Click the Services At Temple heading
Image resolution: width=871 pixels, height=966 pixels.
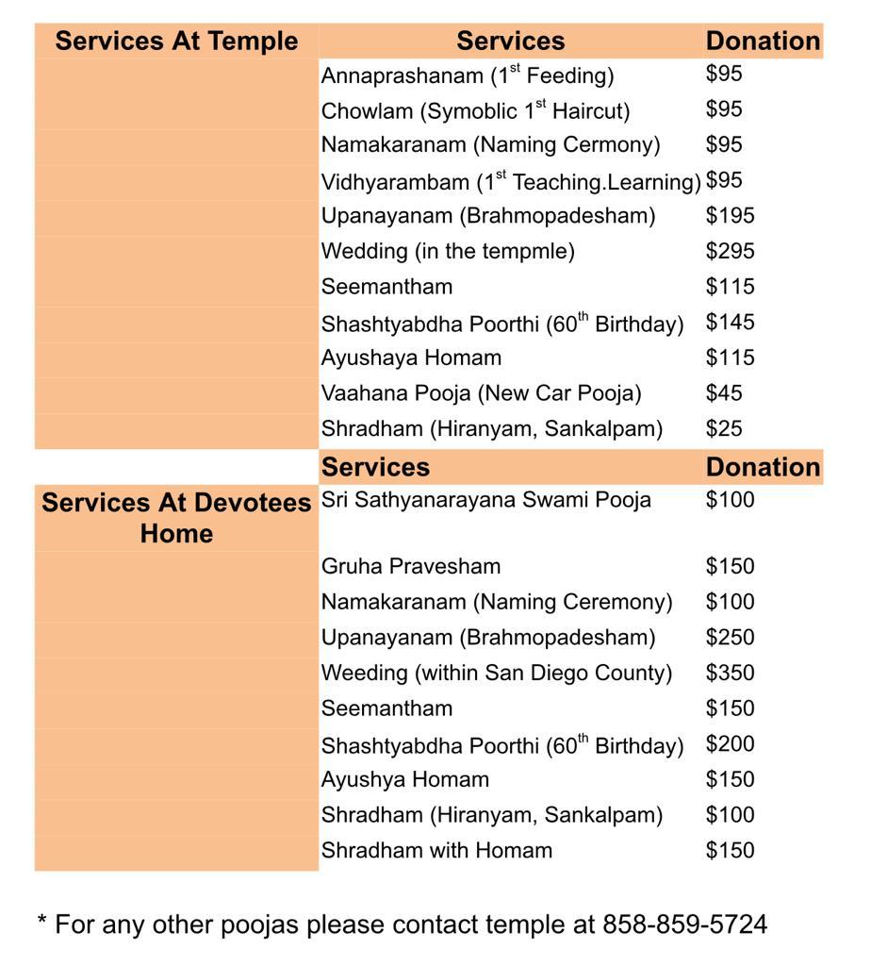[x=176, y=42]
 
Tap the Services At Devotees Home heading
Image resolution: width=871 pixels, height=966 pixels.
[x=176, y=518]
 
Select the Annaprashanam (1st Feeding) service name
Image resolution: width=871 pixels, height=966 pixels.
[x=468, y=75]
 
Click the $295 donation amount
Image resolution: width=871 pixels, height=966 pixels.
[x=730, y=251]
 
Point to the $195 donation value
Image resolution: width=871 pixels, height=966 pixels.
[x=730, y=215]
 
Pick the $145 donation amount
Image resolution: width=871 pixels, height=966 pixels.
[x=730, y=322]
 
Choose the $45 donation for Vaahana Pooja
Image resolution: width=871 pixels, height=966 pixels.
[x=724, y=392]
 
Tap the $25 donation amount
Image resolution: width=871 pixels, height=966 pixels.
[x=724, y=428]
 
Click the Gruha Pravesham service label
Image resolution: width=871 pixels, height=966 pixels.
[x=411, y=566]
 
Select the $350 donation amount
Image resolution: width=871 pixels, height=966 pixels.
[x=730, y=673]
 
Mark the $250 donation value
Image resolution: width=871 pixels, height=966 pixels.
[x=730, y=637]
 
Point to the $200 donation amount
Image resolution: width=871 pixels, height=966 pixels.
[x=730, y=743]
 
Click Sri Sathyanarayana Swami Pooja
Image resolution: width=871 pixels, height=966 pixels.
[x=486, y=500]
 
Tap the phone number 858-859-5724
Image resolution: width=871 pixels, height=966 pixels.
[x=685, y=924]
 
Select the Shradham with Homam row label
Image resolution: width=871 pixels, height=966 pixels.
[x=436, y=850]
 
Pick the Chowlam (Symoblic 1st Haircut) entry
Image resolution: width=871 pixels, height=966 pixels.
[x=475, y=110]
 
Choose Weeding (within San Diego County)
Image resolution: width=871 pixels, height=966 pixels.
[x=497, y=673]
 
